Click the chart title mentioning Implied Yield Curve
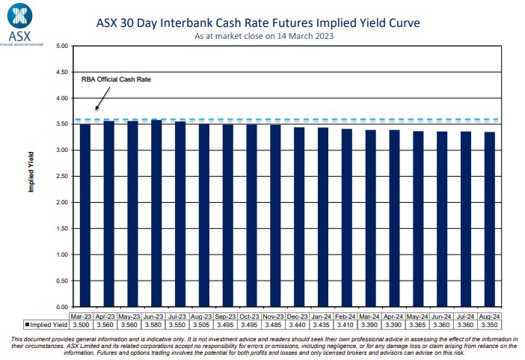[x=258, y=22]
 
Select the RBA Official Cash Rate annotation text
[x=111, y=79]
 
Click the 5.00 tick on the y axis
[x=62, y=46]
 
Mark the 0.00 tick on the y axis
[x=62, y=307]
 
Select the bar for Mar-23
[x=85, y=216]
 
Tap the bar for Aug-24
[x=489, y=219]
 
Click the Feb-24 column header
[x=347, y=317]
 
